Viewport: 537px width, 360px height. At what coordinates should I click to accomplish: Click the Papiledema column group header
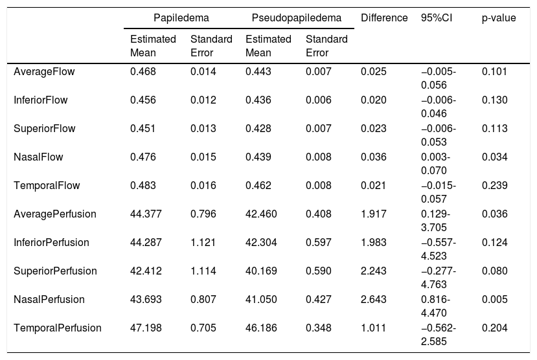point(181,17)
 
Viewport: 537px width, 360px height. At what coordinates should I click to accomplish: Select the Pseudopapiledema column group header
point(297,17)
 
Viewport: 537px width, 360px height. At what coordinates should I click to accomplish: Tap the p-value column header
point(499,17)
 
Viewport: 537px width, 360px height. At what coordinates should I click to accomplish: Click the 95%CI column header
point(437,17)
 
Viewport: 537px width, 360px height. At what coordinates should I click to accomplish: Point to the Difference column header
point(384,17)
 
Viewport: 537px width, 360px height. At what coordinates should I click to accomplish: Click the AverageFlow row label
point(44,71)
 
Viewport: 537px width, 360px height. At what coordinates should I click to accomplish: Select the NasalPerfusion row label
point(49,299)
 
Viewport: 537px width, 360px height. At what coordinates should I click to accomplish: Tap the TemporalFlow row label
point(47,185)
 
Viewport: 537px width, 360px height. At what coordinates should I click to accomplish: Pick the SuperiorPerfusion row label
point(55,271)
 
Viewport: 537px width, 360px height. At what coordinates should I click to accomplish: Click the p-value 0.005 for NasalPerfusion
point(494,299)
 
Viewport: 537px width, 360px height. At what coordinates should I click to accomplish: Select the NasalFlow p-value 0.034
point(494,157)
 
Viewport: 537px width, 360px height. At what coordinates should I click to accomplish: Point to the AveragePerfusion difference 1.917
point(374,214)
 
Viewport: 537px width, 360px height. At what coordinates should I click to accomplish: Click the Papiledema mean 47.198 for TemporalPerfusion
point(146,328)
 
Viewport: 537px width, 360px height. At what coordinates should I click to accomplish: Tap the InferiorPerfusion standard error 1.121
point(203,242)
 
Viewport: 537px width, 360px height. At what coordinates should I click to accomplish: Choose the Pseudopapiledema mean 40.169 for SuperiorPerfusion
point(261,271)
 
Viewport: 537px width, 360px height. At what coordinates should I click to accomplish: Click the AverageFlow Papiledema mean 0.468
point(143,71)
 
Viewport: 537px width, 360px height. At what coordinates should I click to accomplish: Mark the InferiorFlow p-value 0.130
point(494,100)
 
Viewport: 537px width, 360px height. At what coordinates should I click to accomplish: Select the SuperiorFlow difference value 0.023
point(374,128)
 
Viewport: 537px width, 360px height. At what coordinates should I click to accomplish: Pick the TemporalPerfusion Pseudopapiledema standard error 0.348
point(319,328)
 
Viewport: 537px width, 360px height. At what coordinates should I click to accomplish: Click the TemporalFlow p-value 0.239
point(494,185)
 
